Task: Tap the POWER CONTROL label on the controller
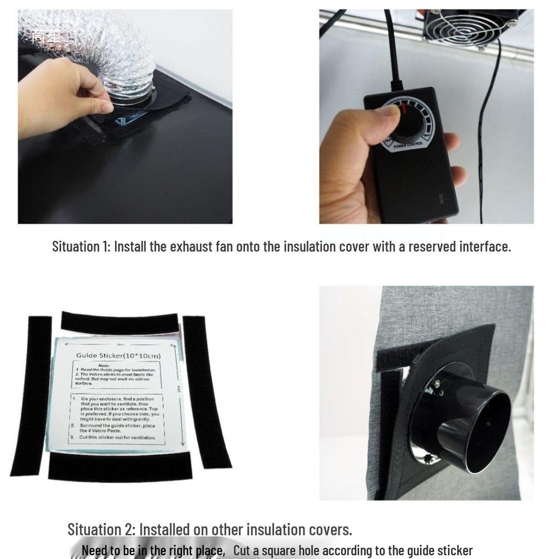(x=407, y=146)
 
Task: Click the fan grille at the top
(x=469, y=27)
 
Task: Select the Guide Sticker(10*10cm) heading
(x=115, y=355)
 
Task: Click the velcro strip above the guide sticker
(x=120, y=323)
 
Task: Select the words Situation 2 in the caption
(x=100, y=529)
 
